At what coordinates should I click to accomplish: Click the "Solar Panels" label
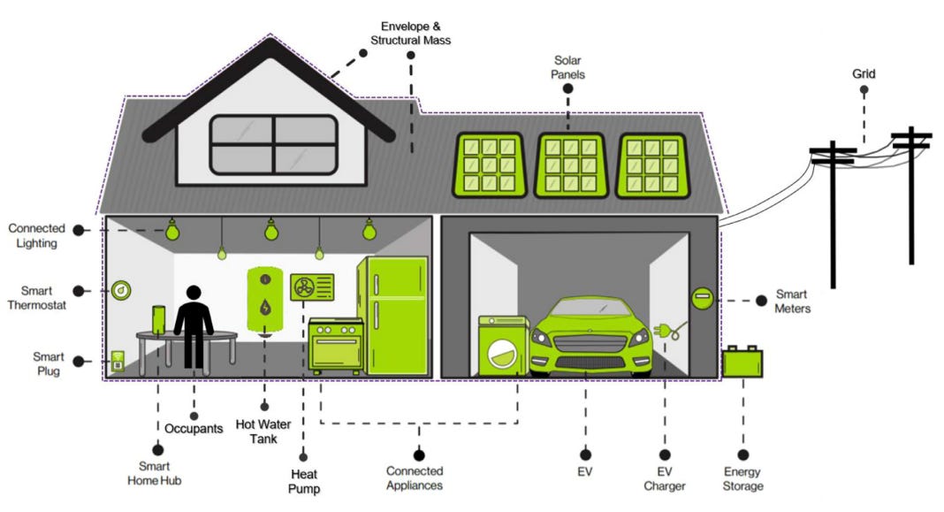pyautogui.click(x=569, y=67)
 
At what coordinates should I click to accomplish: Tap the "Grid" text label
pyautogui.click(x=863, y=74)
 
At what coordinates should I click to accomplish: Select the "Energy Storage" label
pyautogui.click(x=742, y=478)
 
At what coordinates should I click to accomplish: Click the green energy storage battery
pyautogui.click(x=742, y=362)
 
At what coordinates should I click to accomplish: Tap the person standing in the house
pyautogui.click(x=193, y=326)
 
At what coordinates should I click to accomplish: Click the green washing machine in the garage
pyautogui.click(x=502, y=347)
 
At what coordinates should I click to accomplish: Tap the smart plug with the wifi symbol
pyautogui.click(x=117, y=360)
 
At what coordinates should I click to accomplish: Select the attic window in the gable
pyautogui.click(x=273, y=144)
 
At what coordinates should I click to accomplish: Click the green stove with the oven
pyautogui.click(x=335, y=344)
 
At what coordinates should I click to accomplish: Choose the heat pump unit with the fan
pyautogui.click(x=312, y=287)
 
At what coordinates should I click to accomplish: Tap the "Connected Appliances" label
pyautogui.click(x=415, y=478)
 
